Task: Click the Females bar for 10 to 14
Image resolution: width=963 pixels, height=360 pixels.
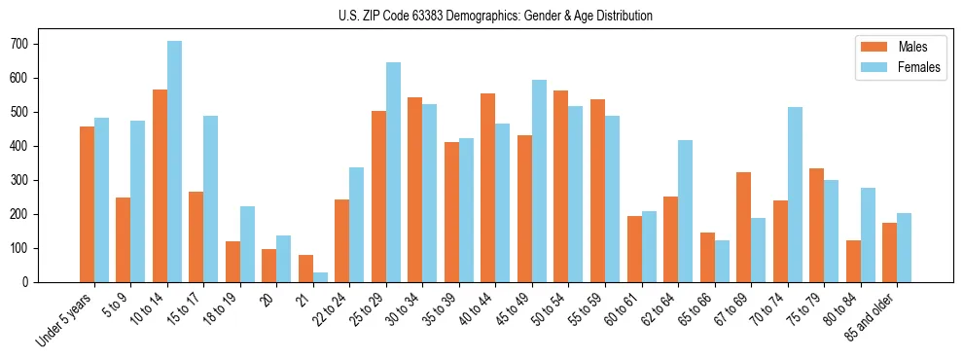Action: (174, 162)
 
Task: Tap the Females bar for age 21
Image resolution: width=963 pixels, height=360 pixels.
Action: (320, 277)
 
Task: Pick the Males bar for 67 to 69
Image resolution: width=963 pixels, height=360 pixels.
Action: (744, 227)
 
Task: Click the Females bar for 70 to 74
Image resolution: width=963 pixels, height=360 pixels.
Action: (795, 195)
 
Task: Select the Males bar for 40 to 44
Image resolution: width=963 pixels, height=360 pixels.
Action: (488, 188)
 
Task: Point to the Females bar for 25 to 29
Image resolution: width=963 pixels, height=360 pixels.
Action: (393, 172)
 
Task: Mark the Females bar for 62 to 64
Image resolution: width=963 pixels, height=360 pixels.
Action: (686, 211)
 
